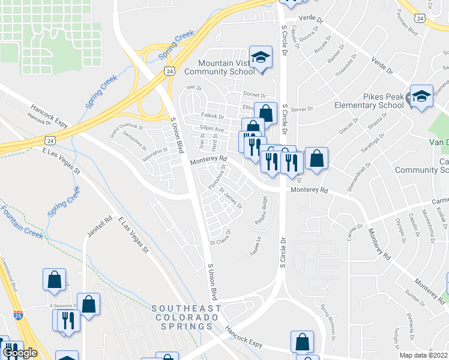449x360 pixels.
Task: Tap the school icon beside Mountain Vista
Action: (x=261, y=58)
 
